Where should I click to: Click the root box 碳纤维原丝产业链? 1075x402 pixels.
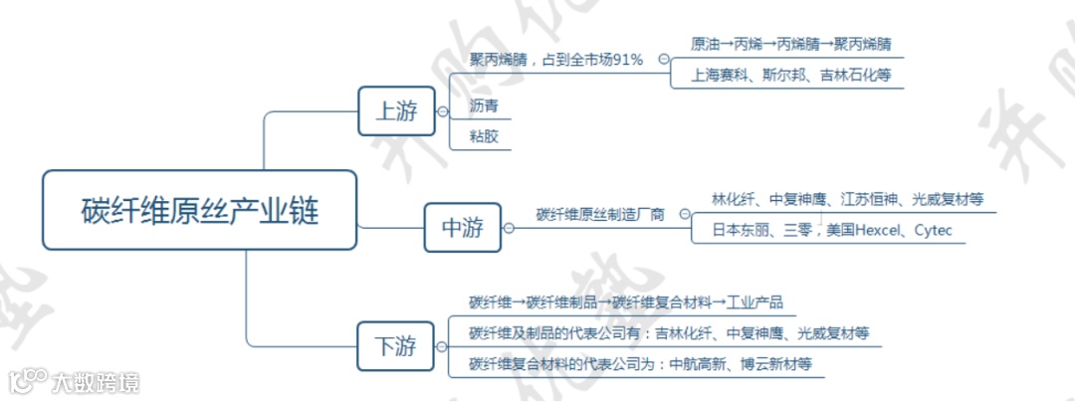pos(199,210)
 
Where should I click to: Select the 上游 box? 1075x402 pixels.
pos(395,110)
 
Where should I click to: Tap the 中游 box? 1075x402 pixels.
pos(462,228)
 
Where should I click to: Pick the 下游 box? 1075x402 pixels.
pos(395,346)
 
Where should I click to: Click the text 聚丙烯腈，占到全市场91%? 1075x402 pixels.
pos(556,60)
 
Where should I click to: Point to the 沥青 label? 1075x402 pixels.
pos(484,105)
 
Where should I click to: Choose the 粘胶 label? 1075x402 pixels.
pos(484,136)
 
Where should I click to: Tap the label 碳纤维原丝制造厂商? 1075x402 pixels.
pos(600,213)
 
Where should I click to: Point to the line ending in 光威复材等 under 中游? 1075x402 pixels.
pos(847,199)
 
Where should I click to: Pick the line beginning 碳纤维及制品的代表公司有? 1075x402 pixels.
pos(669,333)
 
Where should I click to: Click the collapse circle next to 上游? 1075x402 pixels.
pos(443,111)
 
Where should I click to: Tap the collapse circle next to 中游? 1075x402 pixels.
pos(510,229)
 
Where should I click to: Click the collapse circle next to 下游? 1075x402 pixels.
pos(443,347)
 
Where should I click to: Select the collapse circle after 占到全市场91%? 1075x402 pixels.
pos(663,60)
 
